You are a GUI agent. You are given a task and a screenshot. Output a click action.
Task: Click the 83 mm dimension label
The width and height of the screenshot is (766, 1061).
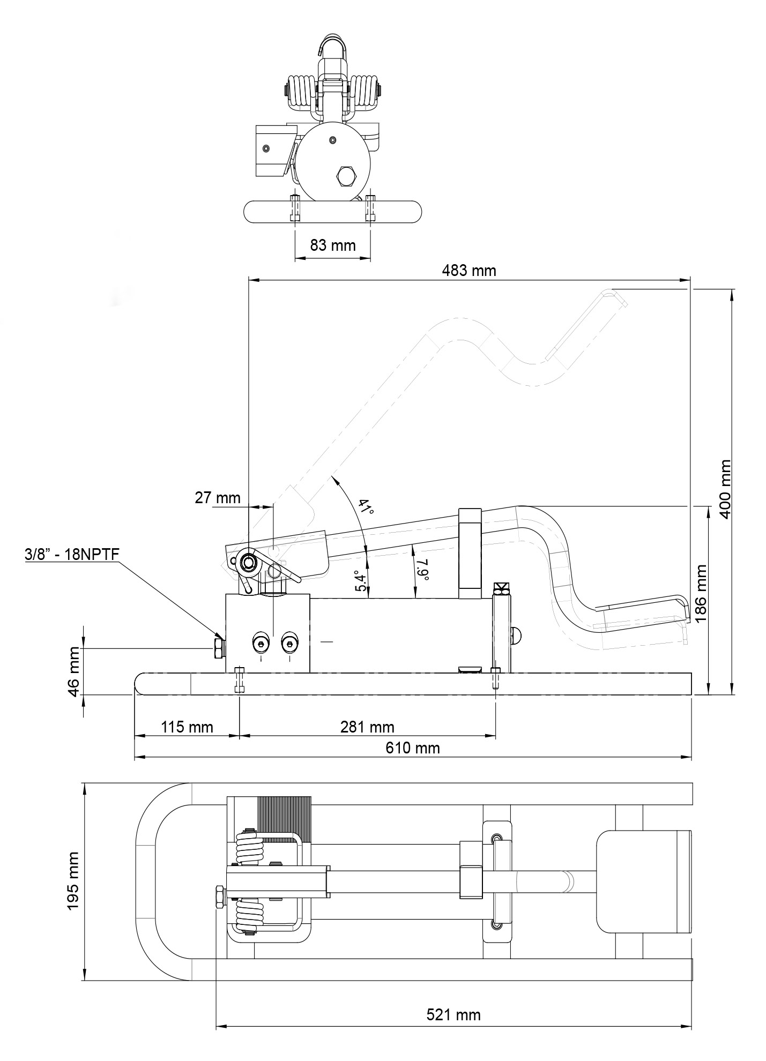(332, 245)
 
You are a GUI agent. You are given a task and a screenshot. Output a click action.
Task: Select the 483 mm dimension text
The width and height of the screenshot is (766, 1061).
(468, 271)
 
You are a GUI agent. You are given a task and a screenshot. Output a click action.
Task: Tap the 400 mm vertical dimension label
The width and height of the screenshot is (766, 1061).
(725, 488)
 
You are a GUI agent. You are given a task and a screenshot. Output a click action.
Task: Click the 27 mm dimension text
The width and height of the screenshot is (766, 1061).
(217, 498)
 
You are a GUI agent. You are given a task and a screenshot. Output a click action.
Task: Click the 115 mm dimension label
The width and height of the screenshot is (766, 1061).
(187, 727)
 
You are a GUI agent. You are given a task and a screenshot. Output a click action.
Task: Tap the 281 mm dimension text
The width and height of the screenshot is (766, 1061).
(367, 727)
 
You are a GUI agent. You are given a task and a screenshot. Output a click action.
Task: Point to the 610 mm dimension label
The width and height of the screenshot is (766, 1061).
(412, 748)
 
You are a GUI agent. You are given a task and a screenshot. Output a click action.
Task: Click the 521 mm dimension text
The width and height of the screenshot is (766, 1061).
(453, 1015)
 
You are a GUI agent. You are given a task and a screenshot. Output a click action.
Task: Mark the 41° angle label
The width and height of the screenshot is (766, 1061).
(366, 507)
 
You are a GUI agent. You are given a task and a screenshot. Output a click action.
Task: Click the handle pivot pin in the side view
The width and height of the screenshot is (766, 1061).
(249, 562)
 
